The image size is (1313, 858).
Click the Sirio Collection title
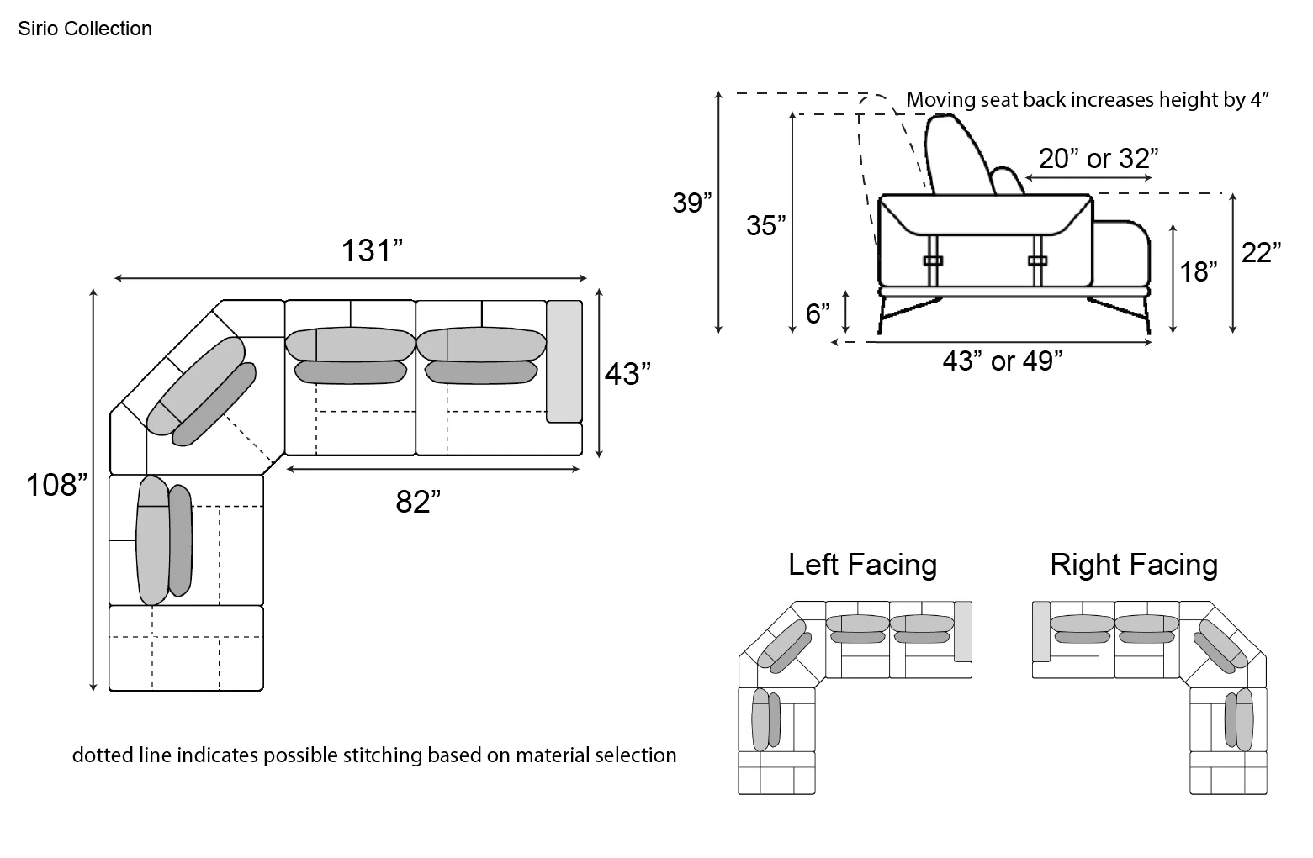(84, 28)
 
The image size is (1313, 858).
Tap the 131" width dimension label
(372, 250)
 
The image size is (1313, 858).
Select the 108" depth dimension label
(56, 485)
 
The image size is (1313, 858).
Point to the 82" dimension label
(418, 502)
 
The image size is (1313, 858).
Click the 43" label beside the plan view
(627, 374)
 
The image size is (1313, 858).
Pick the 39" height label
(691, 203)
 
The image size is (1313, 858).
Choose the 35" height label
(765, 225)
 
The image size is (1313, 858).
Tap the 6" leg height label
(818, 313)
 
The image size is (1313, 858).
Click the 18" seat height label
(1198, 271)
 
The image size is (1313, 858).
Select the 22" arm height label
(1261, 252)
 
